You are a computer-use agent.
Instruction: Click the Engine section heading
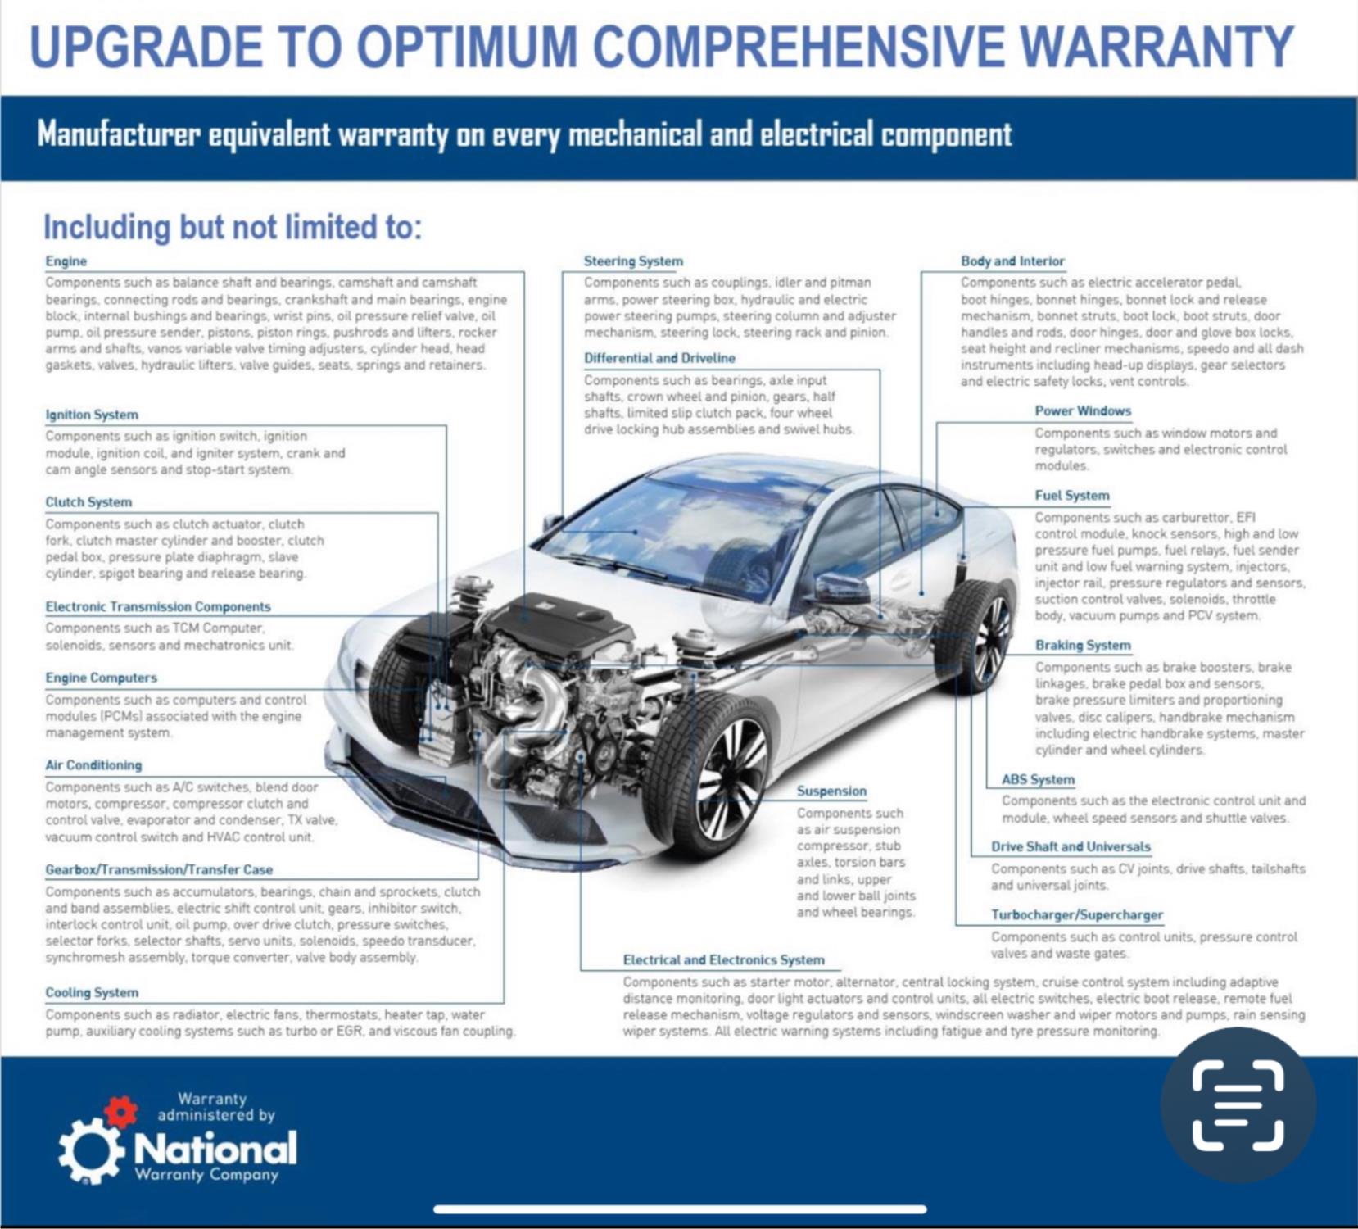tap(66, 261)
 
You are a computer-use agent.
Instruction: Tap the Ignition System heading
tap(92, 415)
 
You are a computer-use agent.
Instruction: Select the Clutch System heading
tap(88, 502)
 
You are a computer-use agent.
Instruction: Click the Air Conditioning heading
tap(93, 765)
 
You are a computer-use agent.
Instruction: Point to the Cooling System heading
tap(92, 993)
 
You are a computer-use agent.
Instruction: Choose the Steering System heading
tap(633, 261)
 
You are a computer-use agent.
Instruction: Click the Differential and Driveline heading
tap(659, 358)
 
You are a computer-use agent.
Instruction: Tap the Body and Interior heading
tap(1012, 261)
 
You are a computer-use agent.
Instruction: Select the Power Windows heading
tap(1083, 411)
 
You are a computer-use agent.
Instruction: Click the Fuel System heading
tap(1072, 496)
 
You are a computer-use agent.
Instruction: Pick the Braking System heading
tap(1083, 646)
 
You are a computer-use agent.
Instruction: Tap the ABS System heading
tap(1038, 780)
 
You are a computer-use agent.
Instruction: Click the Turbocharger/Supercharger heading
tap(1077, 915)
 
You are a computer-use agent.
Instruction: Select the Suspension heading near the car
tap(831, 791)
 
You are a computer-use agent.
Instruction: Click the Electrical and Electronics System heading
tap(724, 960)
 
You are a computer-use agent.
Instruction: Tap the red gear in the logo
tap(121, 1111)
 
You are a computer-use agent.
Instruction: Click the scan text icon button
tap(1238, 1104)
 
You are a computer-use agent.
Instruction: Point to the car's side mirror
tap(840, 589)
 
